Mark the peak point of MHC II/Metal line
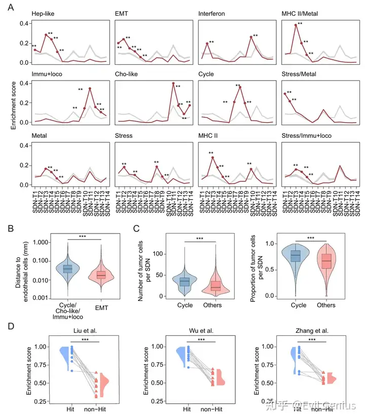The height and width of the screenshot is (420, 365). point(296,25)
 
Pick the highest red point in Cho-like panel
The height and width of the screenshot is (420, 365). point(173,83)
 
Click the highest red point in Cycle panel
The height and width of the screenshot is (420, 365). point(240,87)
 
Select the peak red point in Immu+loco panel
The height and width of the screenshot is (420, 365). point(90,89)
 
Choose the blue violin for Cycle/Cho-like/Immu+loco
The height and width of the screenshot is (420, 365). point(68,269)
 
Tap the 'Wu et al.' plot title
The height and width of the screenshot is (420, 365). point(202,331)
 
